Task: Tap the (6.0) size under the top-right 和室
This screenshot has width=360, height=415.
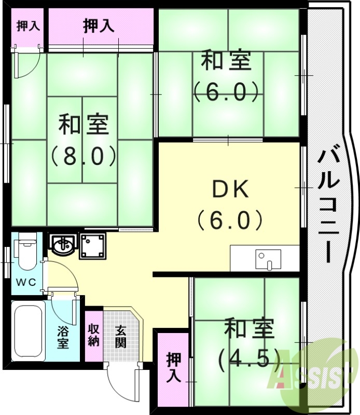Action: coord(226,93)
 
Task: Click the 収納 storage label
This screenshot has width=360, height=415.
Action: coord(94,335)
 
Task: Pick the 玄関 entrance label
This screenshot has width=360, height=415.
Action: coord(120,336)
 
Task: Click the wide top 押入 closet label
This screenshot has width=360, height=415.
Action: coord(99,26)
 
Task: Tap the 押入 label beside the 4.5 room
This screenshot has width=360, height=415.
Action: coord(173,367)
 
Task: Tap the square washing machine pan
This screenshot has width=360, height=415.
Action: coord(92,245)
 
